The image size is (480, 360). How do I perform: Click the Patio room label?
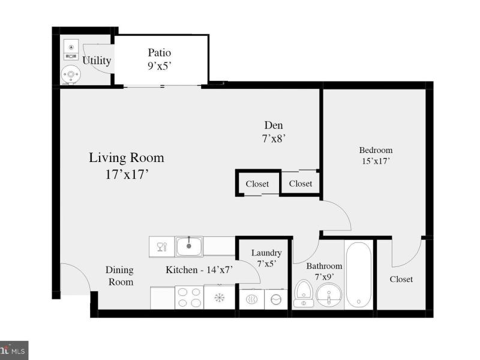(x=159, y=53)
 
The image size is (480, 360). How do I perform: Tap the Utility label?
(x=97, y=61)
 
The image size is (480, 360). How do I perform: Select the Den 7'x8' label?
(x=274, y=132)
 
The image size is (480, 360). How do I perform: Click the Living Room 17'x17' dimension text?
(x=127, y=175)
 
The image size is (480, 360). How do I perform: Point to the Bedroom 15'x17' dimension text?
(x=376, y=161)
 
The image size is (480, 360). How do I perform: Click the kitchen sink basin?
(x=188, y=246)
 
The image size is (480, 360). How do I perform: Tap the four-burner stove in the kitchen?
(x=189, y=297)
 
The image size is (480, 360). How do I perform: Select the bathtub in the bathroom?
(x=358, y=275)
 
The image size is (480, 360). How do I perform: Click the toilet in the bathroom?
(x=304, y=293)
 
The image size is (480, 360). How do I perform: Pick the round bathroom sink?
(x=329, y=295)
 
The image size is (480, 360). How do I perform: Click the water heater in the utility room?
(x=71, y=74)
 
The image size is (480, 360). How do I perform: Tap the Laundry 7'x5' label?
(x=266, y=258)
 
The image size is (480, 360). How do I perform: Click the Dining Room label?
(x=119, y=276)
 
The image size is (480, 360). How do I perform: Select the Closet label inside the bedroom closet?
(x=401, y=279)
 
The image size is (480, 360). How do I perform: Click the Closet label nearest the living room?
(x=257, y=184)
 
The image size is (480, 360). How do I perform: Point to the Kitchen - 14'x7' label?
(x=199, y=269)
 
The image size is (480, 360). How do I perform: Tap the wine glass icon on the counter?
(x=161, y=247)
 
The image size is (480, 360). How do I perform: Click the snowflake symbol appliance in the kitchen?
(x=219, y=297)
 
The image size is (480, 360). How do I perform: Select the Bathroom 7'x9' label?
(x=324, y=271)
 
